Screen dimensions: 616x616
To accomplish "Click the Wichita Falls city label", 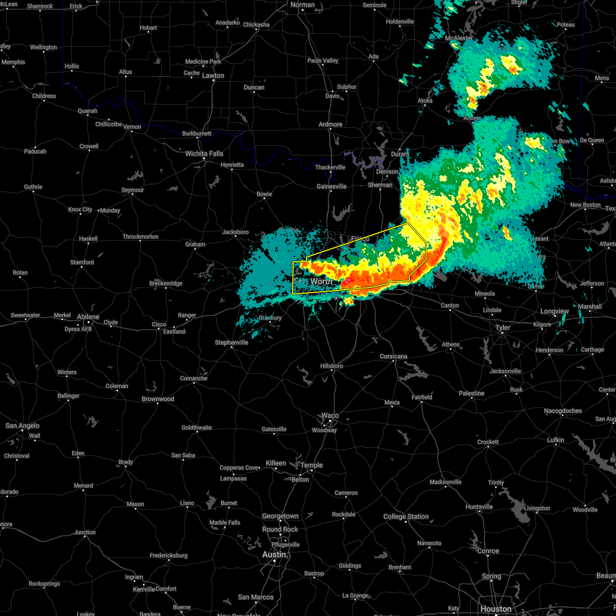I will click(x=204, y=153).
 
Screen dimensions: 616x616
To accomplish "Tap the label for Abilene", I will click(x=88, y=317).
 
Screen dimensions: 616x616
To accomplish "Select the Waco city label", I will click(x=330, y=415).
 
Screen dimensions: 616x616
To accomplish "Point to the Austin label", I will click(x=274, y=554).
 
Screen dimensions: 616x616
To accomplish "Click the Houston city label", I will click(x=496, y=609).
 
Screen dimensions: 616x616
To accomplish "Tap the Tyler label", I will click(x=503, y=328).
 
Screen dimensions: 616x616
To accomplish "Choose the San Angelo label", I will click(x=22, y=426).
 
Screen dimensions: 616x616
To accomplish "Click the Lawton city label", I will click(x=213, y=75).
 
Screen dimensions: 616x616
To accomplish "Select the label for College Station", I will click(x=406, y=516).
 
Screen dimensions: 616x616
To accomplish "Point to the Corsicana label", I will click(x=393, y=356).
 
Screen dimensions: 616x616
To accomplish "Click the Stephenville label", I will click(x=231, y=342).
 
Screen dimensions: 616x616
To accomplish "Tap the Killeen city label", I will click(x=276, y=463).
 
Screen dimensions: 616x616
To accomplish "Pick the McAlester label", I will click(x=459, y=38).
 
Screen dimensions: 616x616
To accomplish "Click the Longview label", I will click(x=554, y=311).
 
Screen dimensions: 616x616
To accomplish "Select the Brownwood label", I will click(x=158, y=399).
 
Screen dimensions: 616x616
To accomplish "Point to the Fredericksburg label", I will click(x=169, y=555).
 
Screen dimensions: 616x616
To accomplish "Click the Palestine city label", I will click(x=471, y=393).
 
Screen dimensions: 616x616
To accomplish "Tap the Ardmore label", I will click(x=331, y=124).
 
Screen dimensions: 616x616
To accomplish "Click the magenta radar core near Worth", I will click(x=346, y=281).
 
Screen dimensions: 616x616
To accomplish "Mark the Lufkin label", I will click(x=556, y=440).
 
